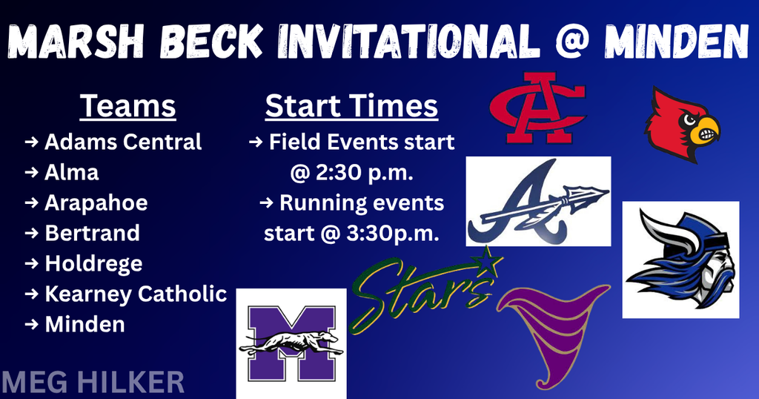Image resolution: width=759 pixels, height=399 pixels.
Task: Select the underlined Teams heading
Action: point(128,106)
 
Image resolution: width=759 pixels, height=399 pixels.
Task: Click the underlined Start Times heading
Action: point(351,106)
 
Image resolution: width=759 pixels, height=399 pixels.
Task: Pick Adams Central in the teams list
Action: point(123,141)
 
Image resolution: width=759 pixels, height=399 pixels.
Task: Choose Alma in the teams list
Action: point(72,172)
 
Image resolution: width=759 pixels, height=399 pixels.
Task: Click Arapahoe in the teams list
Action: point(96,202)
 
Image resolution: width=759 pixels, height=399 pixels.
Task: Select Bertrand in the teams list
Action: point(92,233)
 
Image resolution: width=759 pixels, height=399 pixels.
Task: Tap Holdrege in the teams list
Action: point(93,263)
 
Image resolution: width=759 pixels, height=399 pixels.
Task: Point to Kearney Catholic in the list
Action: point(136,294)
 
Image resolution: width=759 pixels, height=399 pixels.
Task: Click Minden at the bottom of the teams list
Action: point(84,324)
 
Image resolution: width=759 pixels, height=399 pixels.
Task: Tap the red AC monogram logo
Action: point(537,108)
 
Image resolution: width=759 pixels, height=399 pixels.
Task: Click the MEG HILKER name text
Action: point(93,383)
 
